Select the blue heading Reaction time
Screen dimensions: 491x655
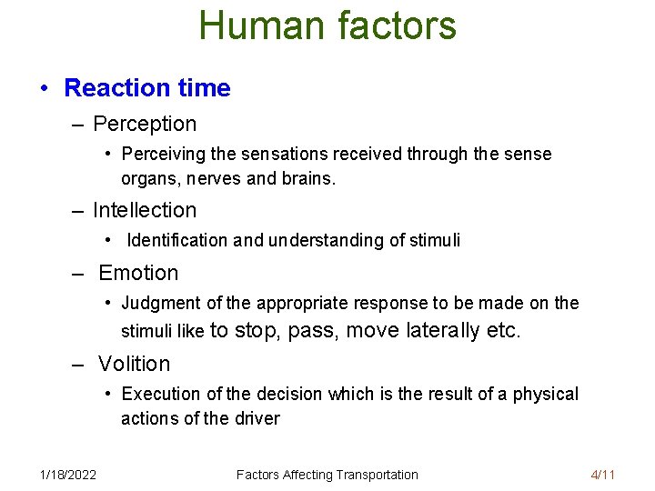click(x=147, y=88)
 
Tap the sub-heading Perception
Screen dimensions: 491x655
click(x=145, y=124)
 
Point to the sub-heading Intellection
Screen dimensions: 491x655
click(x=145, y=210)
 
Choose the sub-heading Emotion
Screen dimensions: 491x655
click(x=138, y=273)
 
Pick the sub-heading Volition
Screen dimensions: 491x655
click(x=135, y=364)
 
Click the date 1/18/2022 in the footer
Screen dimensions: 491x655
click(x=68, y=475)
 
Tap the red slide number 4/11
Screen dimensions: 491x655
click(x=602, y=475)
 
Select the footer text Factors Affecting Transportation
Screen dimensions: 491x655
click(x=327, y=475)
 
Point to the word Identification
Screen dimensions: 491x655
click(x=177, y=241)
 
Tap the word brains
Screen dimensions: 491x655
click(x=310, y=179)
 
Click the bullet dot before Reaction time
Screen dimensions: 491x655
click(x=44, y=89)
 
